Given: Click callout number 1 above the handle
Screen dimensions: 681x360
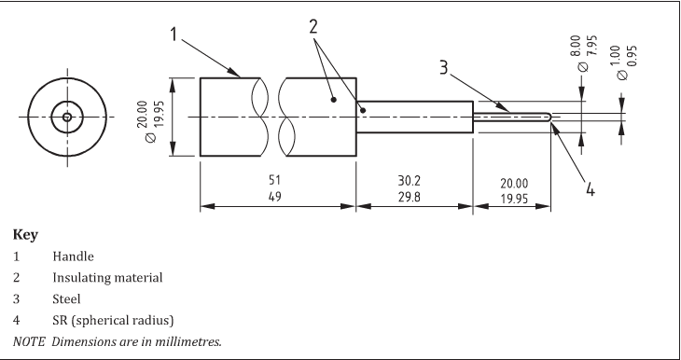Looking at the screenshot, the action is pyautogui.click(x=174, y=35).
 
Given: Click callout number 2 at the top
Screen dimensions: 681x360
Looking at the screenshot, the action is pyautogui.click(x=313, y=27).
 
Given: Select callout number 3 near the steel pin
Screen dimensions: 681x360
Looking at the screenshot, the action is pyautogui.click(x=443, y=68).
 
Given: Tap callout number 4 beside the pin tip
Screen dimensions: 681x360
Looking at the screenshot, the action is pyautogui.click(x=590, y=189).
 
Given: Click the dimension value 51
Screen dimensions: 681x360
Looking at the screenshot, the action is pyautogui.click(x=274, y=180).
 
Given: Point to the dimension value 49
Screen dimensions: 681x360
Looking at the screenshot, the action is pyautogui.click(x=274, y=197).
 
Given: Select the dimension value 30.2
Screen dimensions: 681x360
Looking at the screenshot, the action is pyautogui.click(x=410, y=180).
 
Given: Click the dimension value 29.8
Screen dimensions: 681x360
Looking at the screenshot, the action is pyautogui.click(x=410, y=197).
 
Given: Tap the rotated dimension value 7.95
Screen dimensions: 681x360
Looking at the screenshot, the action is pyautogui.click(x=592, y=46).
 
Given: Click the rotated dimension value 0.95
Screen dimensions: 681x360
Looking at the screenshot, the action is pyautogui.click(x=632, y=56).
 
